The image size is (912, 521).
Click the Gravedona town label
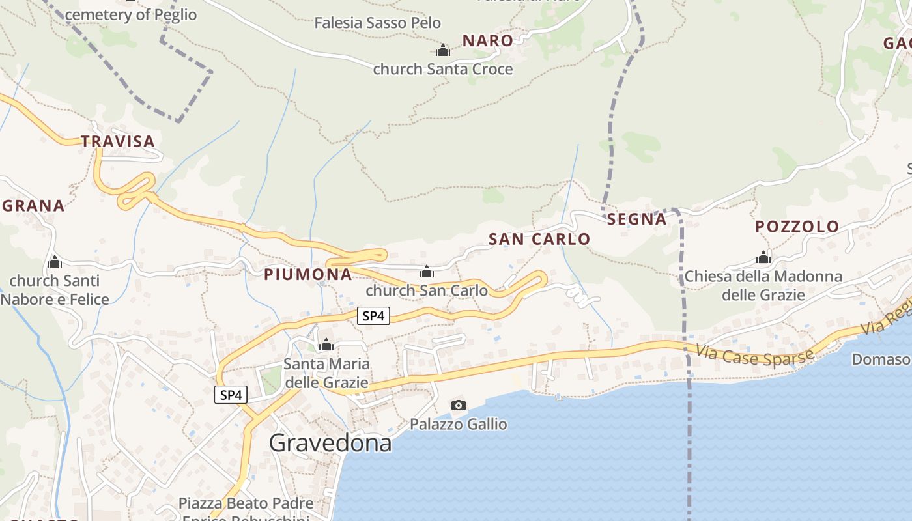click(x=330, y=443)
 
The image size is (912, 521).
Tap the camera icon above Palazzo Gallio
click(x=459, y=406)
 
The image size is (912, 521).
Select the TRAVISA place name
click(x=118, y=141)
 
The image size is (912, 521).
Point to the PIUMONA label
click(x=308, y=275)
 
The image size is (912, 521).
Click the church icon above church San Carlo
click(x=427, y=272)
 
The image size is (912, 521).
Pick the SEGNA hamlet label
click(x=637, y=219)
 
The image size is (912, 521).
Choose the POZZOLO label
click(x=797, y=227)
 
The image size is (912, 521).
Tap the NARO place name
click(x=488, y=40)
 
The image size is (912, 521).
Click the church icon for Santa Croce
click(x=443, y=50)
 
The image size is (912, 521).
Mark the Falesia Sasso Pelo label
click(x=378, y=23)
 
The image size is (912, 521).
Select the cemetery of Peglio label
click(x=131, y=14)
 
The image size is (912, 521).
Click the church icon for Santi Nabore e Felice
click(x=55, y=262)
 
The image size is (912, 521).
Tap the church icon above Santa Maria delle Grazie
click(x=326, y=345)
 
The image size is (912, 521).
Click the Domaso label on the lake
click(x=881, y=359)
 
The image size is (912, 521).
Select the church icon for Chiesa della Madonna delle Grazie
click(x=763, y=258)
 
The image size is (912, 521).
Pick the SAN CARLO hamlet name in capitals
click(x=539, y=239)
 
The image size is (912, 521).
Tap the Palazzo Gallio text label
click(x=459, y=425)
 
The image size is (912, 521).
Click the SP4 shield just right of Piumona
click(x=373, y=317)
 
